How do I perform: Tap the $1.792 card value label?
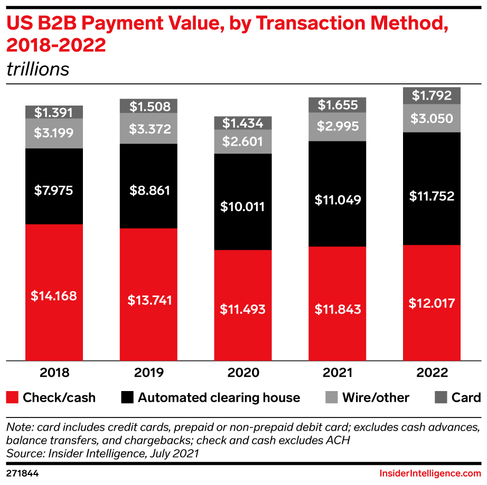(432, 96)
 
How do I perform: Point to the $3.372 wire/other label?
(149, 129)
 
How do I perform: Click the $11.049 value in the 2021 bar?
(338, 200)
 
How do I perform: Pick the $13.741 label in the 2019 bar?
(149, 300)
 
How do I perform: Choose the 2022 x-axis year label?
(432, 373)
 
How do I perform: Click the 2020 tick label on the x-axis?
(243, 373)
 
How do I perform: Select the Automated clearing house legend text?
(219, 397)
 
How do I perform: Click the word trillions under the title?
(38, 70)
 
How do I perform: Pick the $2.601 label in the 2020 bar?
(243, 141)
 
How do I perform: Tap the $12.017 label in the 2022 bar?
(432, 303)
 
